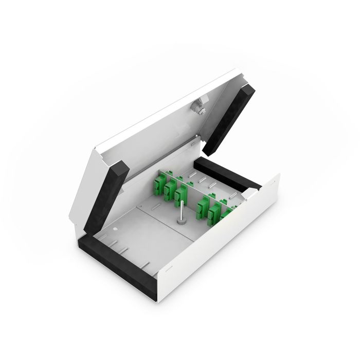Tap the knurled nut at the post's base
[x=181, y=223]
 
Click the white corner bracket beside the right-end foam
[x=251, y=191]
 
